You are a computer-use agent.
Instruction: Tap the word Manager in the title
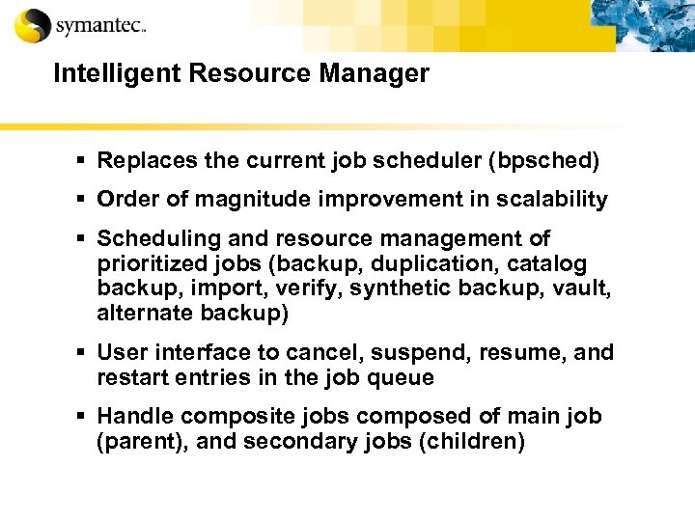click(381, 74)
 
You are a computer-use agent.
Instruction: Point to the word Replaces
click(141, 160)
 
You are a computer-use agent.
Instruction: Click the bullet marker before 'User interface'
click(84, 353)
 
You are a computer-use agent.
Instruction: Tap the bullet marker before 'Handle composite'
click(84, 416)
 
